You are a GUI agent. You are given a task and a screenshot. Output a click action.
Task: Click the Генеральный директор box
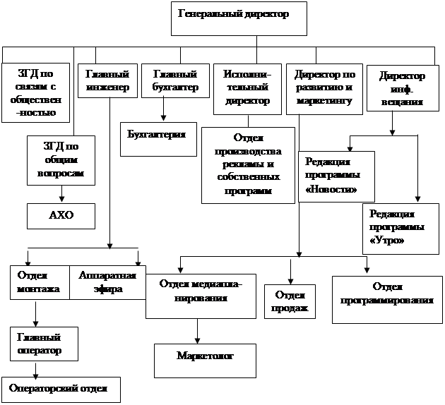tap(239, 19)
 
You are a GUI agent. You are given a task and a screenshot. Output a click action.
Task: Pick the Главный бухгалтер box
tap(169, 81)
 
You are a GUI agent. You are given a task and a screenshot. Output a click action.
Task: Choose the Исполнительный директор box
tap(246, 88)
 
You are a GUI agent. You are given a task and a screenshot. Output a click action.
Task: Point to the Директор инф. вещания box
tap(401, 88)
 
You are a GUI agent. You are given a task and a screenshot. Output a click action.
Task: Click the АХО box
tap(61, 215)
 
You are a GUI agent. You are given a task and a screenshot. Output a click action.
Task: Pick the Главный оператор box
tap(40, 344)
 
